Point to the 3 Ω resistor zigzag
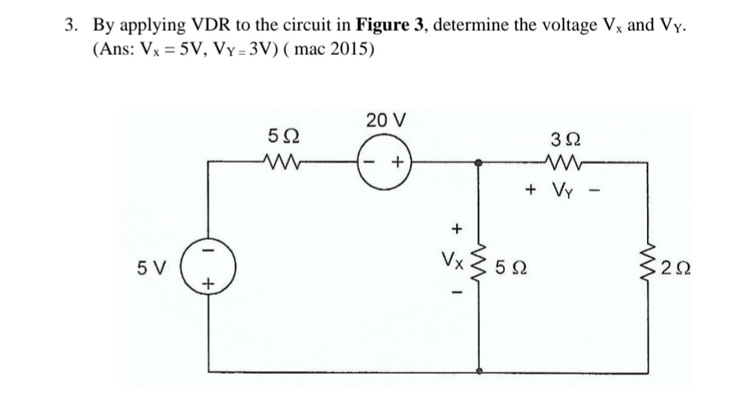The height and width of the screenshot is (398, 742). click(x=563, y=163)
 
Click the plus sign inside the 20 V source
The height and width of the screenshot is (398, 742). click(x=397, y=164)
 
